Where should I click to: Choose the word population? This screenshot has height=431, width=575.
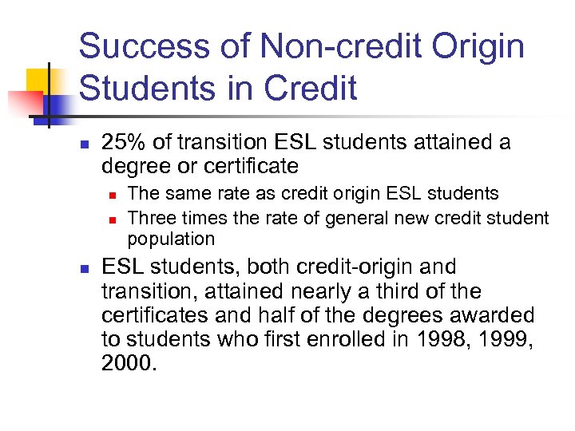[x=171, y=239]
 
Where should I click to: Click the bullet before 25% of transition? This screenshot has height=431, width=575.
[x=84, y=144]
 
